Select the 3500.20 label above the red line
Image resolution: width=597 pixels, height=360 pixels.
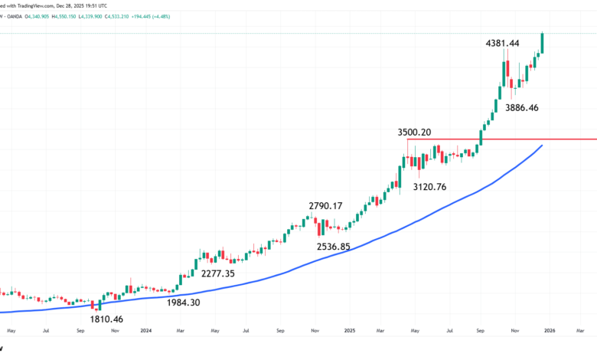414,133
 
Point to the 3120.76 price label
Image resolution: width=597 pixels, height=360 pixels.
430,187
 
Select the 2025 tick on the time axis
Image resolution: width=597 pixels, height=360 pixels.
350,332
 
